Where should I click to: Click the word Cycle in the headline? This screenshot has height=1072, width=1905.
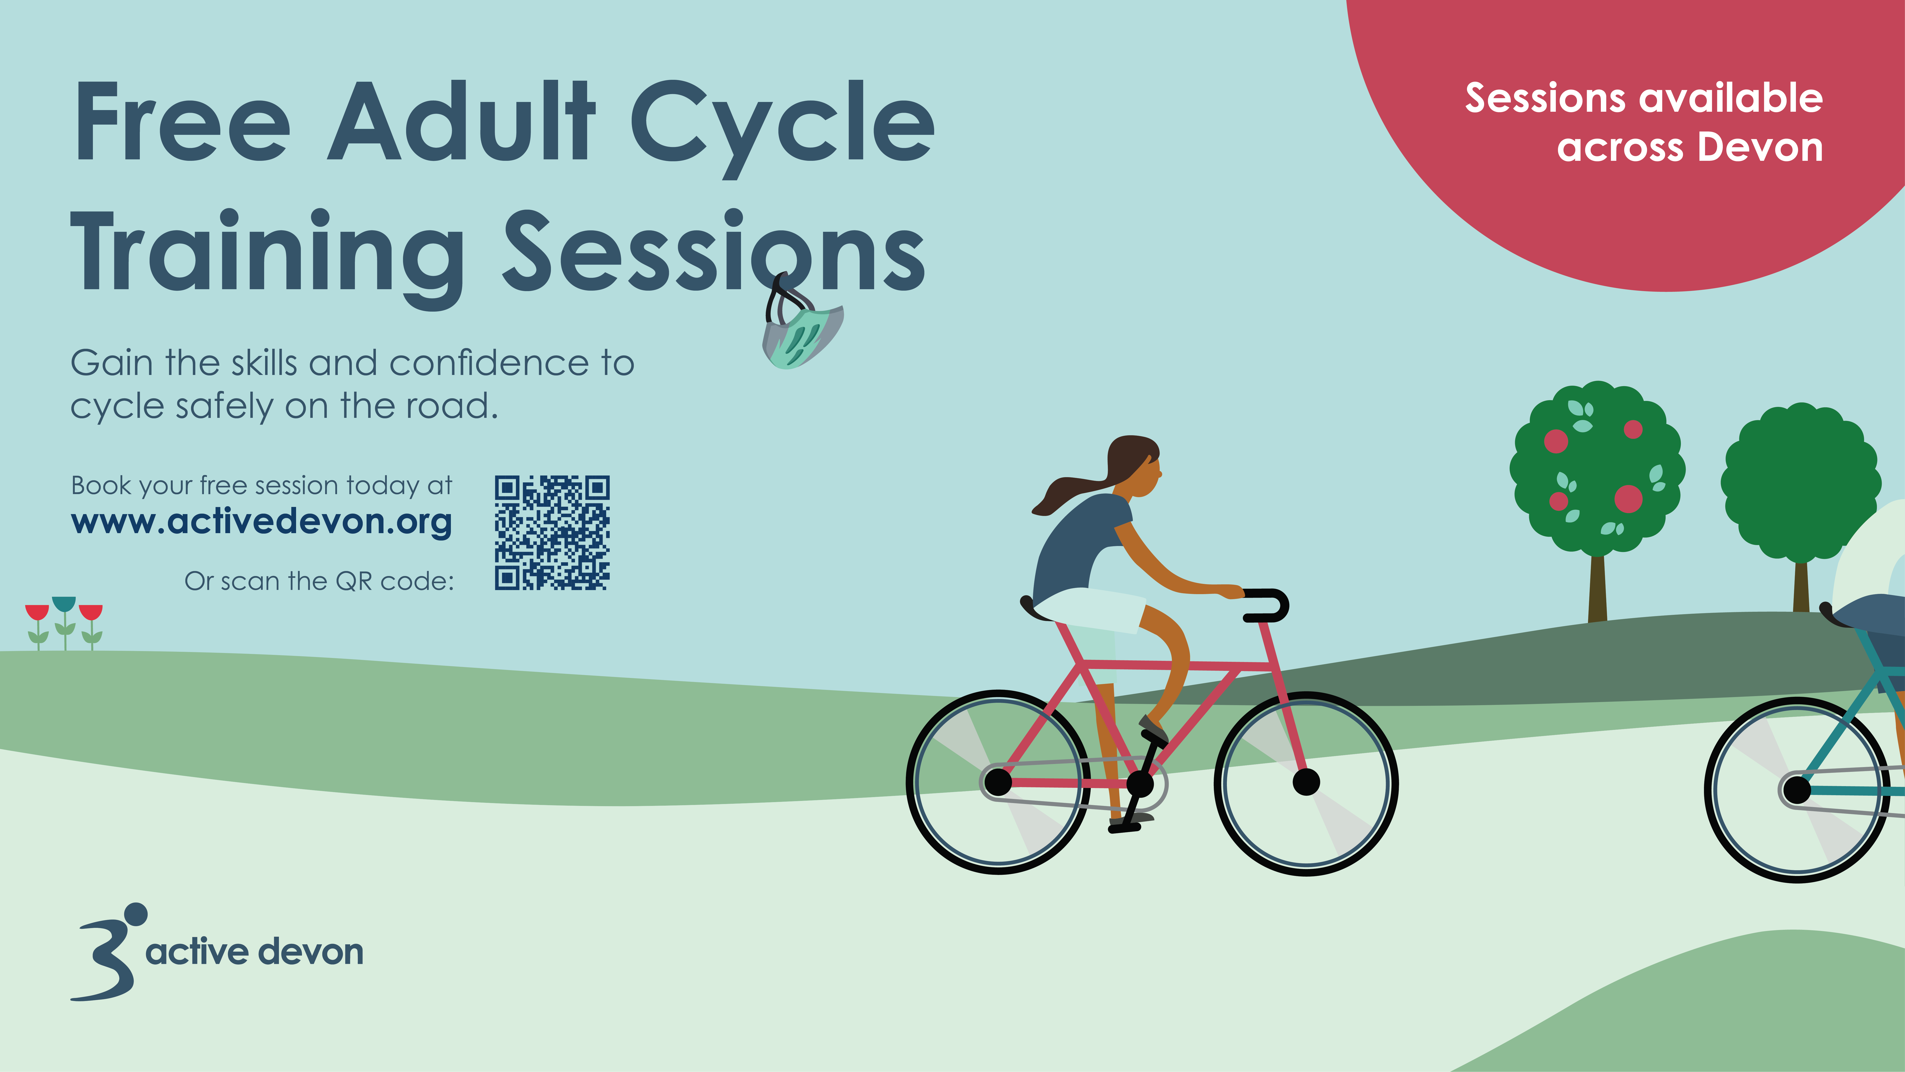tap(782, 127)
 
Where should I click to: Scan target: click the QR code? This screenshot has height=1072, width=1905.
tap(552, 533)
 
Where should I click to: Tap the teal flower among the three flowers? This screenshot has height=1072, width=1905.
tap(64, 622)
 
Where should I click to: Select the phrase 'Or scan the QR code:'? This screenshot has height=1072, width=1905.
tap(319, 582)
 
